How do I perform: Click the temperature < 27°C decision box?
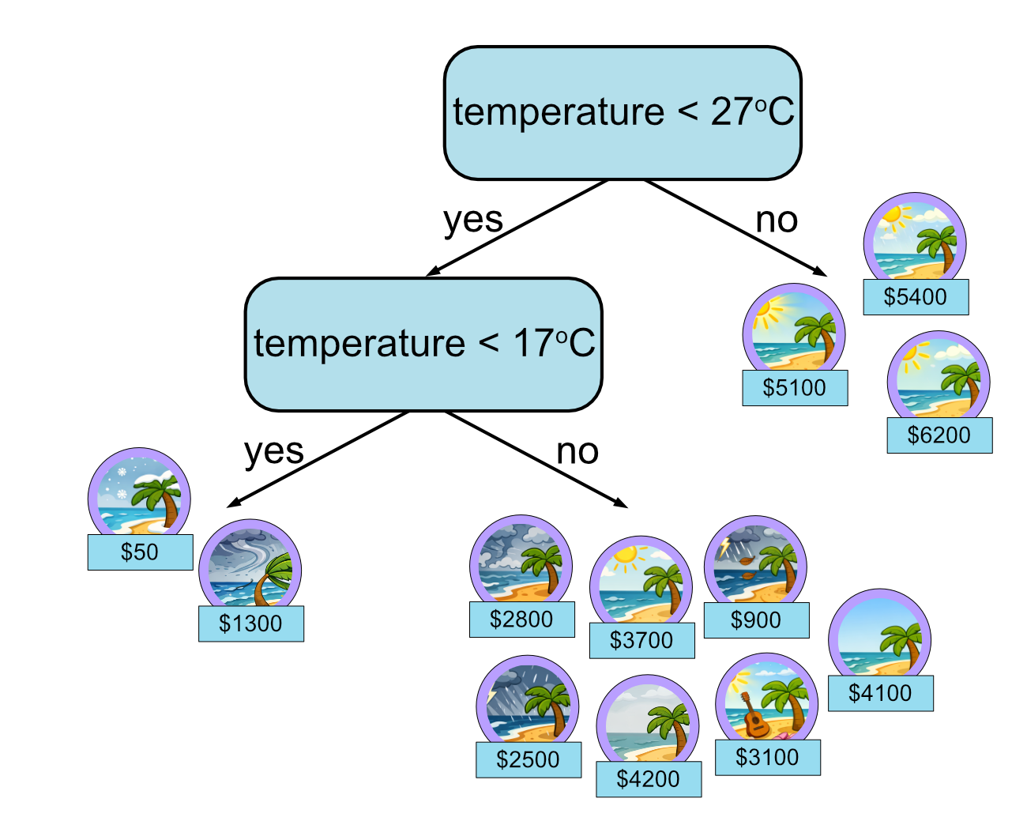click(x=623, y=113)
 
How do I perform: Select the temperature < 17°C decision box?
click(x=423, y=345)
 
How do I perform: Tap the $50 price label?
click(x=140, y=552)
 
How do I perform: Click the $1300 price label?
click(x=250, y=623)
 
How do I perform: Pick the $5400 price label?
click(x=915, y=297)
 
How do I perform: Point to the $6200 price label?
click(x=939, y=435)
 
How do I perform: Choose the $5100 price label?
click(x=794, y=388)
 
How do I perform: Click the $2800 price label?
click(x=521, y=619)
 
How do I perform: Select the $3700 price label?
click(x=641, y=640)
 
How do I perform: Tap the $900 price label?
click(x=756, y=620)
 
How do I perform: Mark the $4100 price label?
click(x=880, y=693)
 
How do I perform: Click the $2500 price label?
click(x=528, y=759)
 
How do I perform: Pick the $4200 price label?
click(x=648, y=779)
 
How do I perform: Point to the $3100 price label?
click(x=767, y=757)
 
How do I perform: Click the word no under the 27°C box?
click(x=777, y=220)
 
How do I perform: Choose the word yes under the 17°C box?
click(x=274, y=452)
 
